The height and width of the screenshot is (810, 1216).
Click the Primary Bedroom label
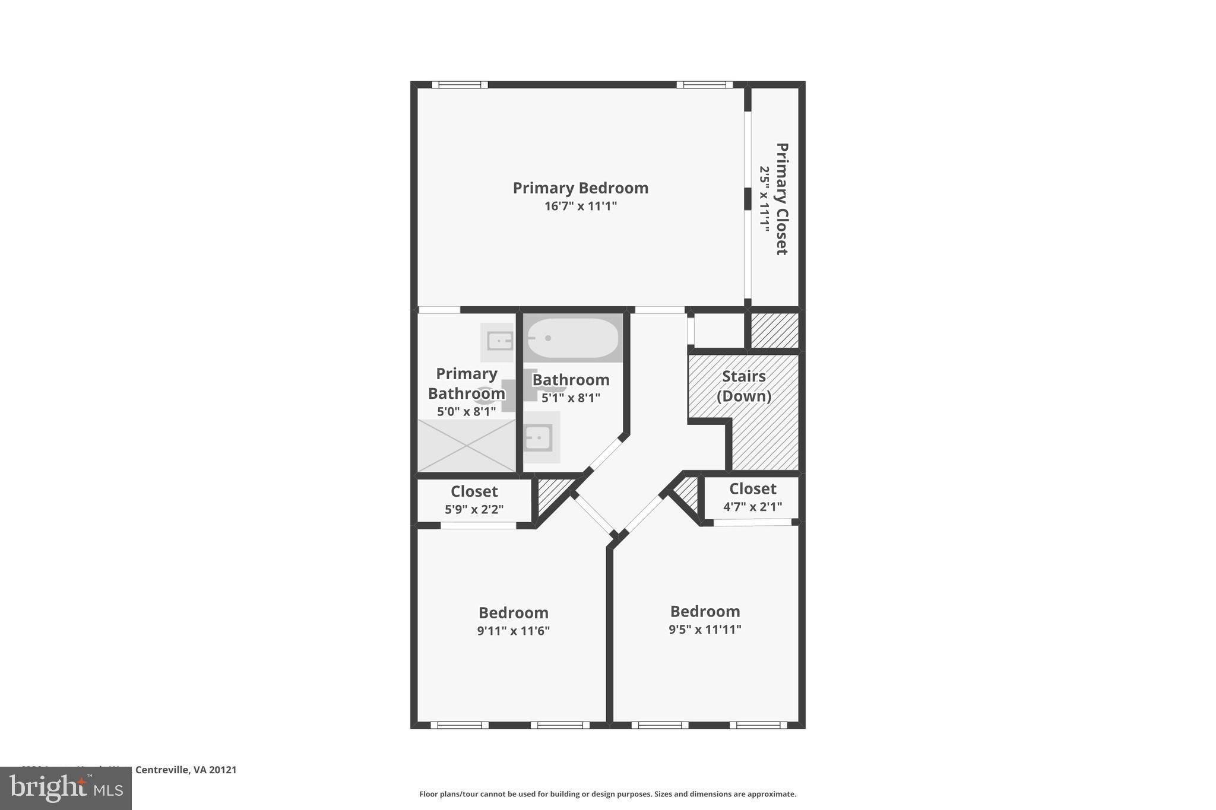coord(580,188)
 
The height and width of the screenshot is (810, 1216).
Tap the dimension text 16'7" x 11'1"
coord(580,207)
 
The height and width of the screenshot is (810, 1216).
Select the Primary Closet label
coord(781,199)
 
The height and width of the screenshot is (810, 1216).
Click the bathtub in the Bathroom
coord(572,338)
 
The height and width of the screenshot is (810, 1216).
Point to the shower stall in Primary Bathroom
coord(467,446)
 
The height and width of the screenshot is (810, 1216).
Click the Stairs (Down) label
coord(743,386)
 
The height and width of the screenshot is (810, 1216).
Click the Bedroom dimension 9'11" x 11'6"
coord(513,631)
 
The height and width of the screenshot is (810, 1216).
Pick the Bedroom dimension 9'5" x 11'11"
coord(705,630)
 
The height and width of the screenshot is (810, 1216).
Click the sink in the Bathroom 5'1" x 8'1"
coord(539,438)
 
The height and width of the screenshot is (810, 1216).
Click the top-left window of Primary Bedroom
coord(460,85)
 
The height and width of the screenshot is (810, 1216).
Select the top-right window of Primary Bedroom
coord(704,85)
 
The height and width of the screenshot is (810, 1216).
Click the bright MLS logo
coord(66,788)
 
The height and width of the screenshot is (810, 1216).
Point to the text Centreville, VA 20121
coord(186,770)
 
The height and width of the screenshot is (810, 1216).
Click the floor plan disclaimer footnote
coord(607,794)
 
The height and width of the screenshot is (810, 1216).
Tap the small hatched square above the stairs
coord(774,331)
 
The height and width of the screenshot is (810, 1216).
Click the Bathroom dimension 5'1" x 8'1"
coord(571,398)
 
